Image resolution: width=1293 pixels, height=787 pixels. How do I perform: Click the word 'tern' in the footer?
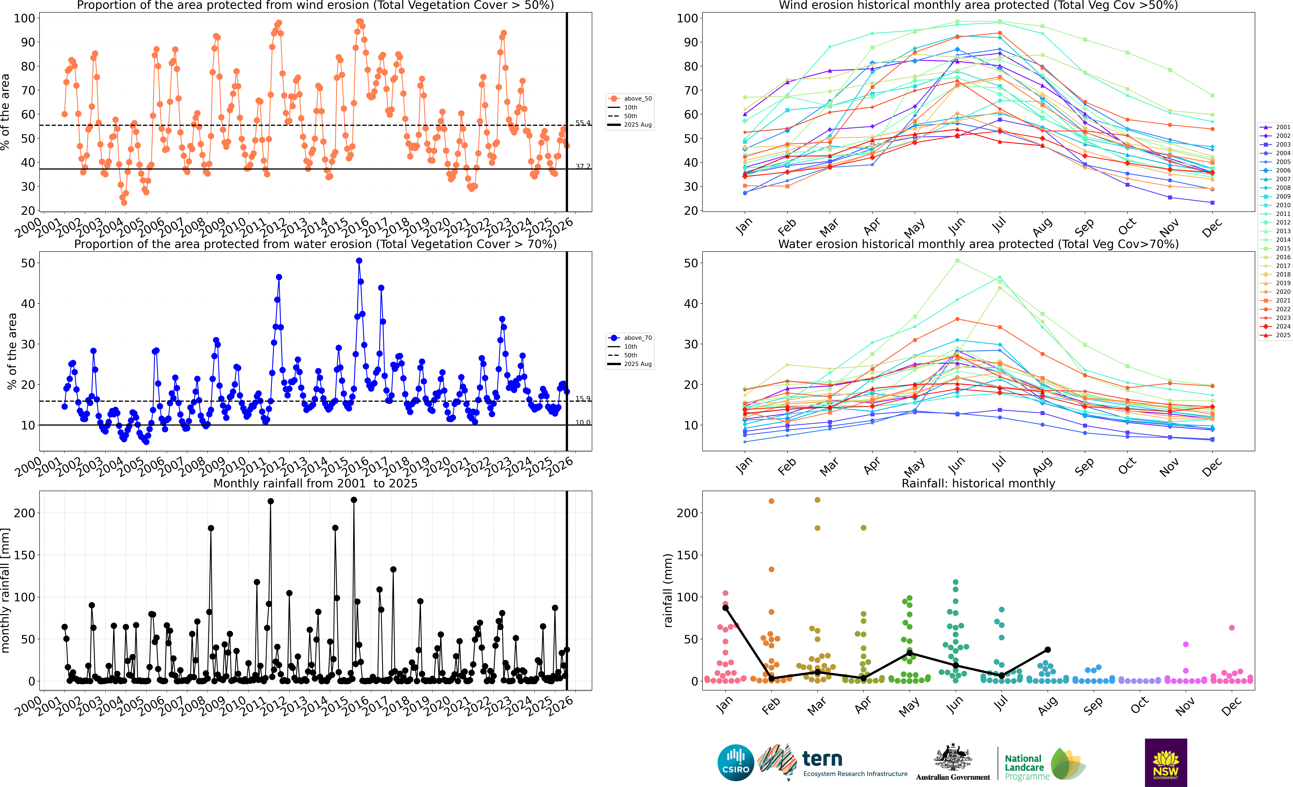(822, 759)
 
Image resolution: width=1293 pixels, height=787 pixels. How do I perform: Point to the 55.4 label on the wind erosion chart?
(582, 123)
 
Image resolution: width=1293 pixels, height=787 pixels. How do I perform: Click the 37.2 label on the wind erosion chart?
(582, 166)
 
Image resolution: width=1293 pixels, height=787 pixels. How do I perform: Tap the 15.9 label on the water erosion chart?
(582, 399)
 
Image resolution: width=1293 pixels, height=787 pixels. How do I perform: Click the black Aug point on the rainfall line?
(1047, 650)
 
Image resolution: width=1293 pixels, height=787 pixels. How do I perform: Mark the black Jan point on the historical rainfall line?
(725, 608)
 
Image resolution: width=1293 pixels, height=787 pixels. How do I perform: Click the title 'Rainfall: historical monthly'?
(978, 483)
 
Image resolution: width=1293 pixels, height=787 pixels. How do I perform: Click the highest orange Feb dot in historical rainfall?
(771, 501)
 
